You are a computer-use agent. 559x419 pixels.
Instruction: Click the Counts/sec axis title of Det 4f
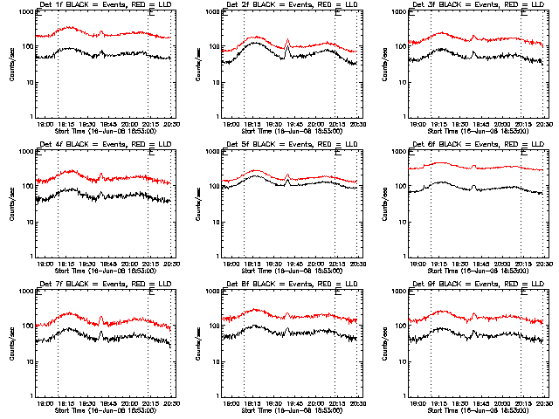[11, 204]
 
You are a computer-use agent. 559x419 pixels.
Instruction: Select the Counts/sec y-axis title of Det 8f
[198, 343]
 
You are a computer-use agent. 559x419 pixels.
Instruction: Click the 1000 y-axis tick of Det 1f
[27, 14]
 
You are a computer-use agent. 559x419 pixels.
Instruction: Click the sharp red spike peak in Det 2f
[287, 39]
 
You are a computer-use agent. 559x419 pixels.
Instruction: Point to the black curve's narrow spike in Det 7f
[100, 332]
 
